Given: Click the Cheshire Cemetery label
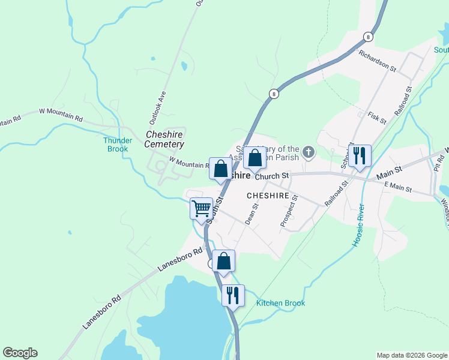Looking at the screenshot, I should click(164, 139).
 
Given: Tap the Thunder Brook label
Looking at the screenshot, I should click(118, 145).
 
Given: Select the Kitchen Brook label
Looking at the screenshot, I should click(280, 304).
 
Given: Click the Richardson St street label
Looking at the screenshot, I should click(378, 61).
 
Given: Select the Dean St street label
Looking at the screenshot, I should click(252, 214).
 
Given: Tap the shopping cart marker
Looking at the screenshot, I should click(202, 209).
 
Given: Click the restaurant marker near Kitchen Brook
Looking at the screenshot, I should click(233, 295).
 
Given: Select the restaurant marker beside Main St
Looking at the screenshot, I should click(360, 155).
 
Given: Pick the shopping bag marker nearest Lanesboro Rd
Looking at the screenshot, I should click(223, 261).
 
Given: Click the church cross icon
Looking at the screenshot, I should click(309, 152).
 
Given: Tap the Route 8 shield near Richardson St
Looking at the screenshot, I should click(368, 37).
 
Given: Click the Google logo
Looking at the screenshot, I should click(20, 353).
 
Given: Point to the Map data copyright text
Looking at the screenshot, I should click(412, 355).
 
